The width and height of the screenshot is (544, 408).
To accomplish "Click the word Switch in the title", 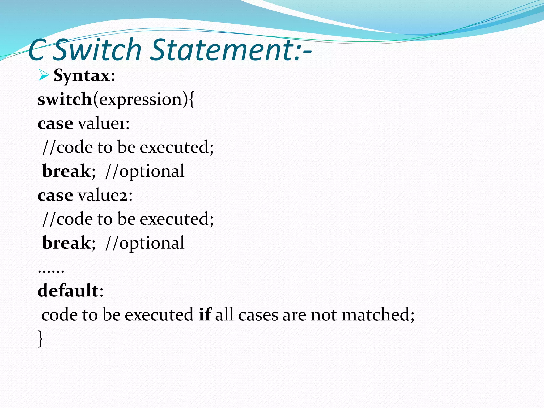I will [x=97, y=50].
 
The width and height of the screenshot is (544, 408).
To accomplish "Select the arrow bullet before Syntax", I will [x=43, y=75].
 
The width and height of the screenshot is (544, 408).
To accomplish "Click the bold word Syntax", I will [x=84, y=76].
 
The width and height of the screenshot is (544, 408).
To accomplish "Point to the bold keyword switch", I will [x=65, y=99].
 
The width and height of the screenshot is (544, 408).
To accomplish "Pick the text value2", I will [x=105, y=195].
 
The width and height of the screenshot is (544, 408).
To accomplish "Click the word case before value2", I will [x=55, y=195].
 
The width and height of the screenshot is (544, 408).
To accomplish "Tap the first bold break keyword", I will [x=66, y=171].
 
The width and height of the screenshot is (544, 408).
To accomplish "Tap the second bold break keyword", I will [x=66, y=243].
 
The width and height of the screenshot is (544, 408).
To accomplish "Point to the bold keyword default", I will [x=68, y=290].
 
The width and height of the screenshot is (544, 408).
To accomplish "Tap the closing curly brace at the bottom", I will [x=40, y=338].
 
